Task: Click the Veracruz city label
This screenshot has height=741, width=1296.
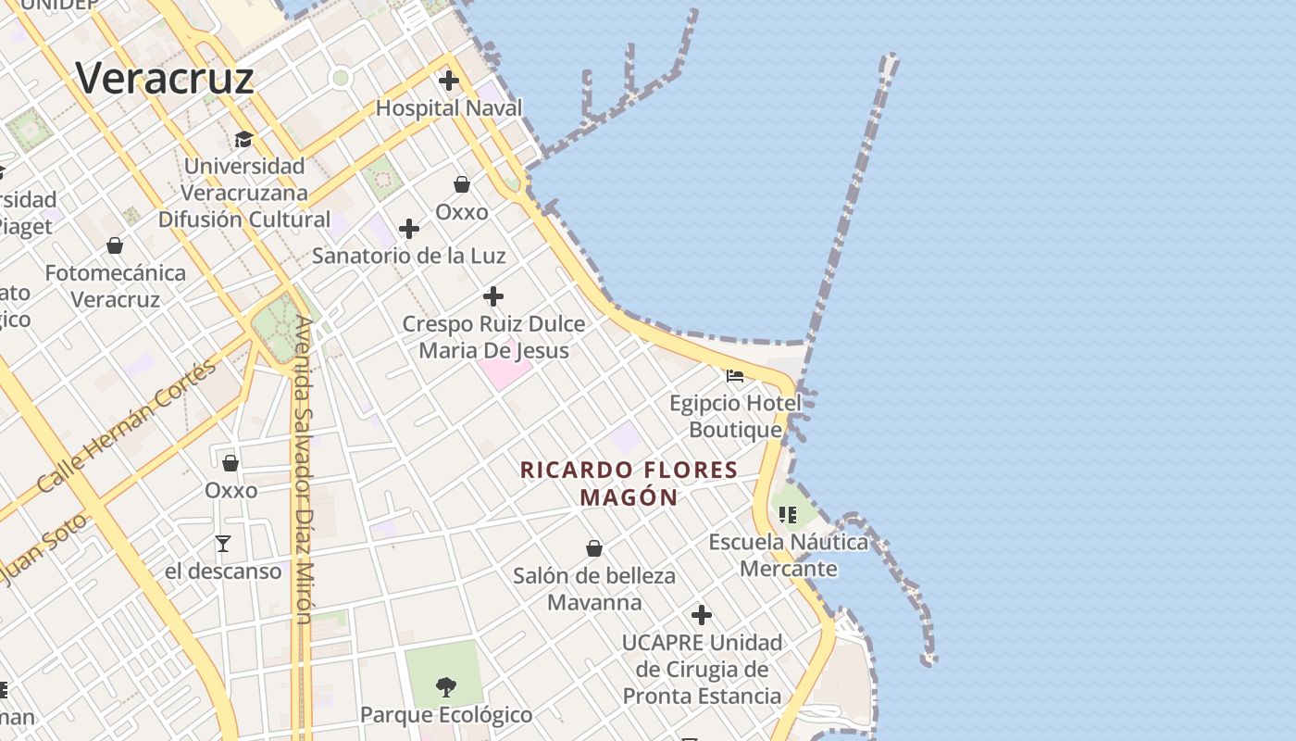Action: (x=164, y=78)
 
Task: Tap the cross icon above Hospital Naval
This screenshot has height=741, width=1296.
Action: (x=449, y=81)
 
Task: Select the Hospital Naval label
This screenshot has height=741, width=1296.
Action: (x=449, y=108)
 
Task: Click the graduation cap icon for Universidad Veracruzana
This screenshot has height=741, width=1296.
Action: (x=243, y=139)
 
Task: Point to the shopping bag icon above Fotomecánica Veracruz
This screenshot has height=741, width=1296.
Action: (x=115, y=245)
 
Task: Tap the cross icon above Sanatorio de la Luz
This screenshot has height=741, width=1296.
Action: (x=409, y=229)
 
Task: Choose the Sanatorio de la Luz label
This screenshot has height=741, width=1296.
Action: (x=409, y=255)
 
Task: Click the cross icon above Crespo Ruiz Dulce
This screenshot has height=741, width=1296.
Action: (x=493, y=296)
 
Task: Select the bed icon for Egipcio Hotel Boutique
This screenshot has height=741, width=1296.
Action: (x=735, y=376)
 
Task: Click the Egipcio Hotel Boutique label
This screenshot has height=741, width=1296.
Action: (x=736, y=417)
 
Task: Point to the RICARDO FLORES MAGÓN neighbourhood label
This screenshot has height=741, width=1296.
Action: (x=629, y=484)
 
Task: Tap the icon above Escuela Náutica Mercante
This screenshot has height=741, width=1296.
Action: (x=788, y=514)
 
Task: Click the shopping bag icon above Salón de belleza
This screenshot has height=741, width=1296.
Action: (x=594, y=548)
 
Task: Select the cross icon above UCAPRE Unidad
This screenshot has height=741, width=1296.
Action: (x=702, y=614)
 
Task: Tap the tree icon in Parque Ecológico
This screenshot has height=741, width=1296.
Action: (x=445, y=686)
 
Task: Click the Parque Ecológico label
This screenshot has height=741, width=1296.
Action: (x=446, y=715)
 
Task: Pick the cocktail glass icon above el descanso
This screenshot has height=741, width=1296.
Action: (x=223, y=543)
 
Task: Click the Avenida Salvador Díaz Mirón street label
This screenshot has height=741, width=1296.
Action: (x=304, y=470)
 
